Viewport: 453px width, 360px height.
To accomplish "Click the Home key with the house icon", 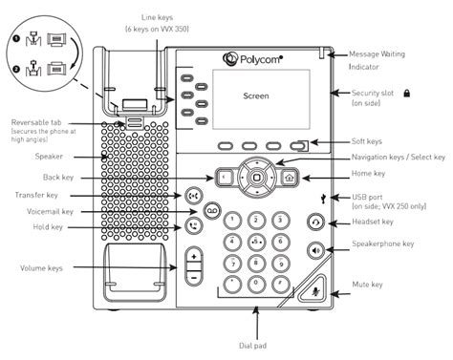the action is click(290, 178).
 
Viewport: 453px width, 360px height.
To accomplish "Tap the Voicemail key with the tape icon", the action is click(212, 210).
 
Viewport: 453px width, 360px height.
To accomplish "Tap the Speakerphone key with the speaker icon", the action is click(315, 251).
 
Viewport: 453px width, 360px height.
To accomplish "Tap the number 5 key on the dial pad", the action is click(256, 242).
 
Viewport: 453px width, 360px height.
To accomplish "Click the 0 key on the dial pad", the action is click(256, 284).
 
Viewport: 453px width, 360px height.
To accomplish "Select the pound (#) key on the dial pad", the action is click(281, 284).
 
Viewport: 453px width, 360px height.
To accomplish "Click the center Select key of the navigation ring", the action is click(256, 178).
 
